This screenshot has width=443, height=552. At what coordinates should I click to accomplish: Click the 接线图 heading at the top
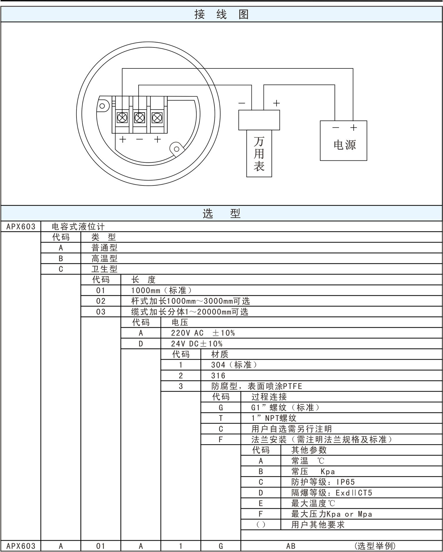pos(221,14)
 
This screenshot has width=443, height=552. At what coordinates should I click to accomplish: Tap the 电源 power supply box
pos(343,141)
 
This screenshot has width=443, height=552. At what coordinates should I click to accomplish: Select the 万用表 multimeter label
pos(259,154)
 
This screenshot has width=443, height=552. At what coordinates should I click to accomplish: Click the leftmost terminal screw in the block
pos(122,118)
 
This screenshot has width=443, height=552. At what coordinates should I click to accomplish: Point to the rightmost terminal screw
pos(157,118)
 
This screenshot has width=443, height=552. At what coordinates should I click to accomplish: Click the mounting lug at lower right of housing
pos(177,149)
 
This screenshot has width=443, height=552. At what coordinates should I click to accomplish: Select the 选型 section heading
pos(221,213)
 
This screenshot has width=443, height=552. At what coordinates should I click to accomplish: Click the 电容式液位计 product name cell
pos(78,227)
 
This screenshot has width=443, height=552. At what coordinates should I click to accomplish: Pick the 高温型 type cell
pos(104,258)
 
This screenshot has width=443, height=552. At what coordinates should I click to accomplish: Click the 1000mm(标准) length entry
pos(161,290)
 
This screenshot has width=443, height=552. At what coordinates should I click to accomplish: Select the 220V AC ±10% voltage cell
pos(203,333)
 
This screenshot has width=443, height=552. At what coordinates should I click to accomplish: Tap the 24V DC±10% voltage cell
pos(197,344)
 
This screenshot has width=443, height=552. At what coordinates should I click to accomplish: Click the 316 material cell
pos(218,375)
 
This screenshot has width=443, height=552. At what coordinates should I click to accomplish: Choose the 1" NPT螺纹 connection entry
pos(274,418)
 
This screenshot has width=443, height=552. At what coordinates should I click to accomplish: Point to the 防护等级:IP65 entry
pos(323,482)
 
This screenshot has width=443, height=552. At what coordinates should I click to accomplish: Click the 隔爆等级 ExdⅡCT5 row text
pos(331,493)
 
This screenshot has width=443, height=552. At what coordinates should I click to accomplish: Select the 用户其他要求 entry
pos(318,525)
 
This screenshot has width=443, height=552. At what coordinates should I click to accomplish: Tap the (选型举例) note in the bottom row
pos(375,546)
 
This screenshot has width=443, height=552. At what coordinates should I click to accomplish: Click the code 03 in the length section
pos(101,312)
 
